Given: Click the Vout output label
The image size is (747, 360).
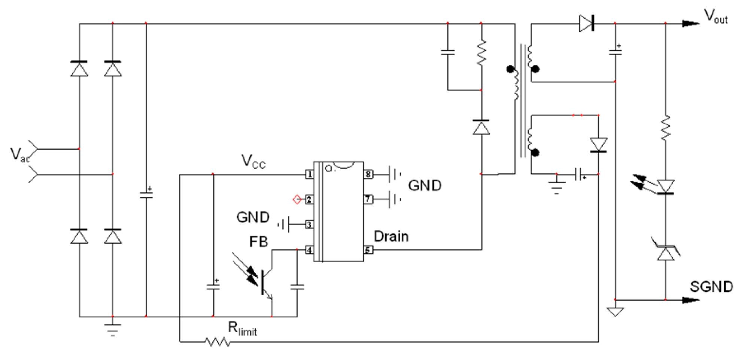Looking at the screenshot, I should click(716, 16).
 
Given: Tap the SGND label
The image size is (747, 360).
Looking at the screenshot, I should click(711, 287).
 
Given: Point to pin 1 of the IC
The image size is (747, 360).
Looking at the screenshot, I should click(309, 174).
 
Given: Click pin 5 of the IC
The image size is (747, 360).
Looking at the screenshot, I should click(368, 249).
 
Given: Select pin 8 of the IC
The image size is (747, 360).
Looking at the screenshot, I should click(368, 174).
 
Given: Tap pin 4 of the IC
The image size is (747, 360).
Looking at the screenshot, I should click(309, 249).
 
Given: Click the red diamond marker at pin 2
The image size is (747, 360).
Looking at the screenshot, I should click(297, 199).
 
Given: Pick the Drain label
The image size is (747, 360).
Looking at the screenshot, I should click(391, 236).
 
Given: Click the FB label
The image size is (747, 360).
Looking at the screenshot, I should click(258, 242).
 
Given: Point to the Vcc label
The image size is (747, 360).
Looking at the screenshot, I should click(253, 161).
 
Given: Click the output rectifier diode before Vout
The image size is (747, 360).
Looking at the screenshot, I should click(586, 24).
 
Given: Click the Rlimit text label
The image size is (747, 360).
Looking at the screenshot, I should click(242, 329).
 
